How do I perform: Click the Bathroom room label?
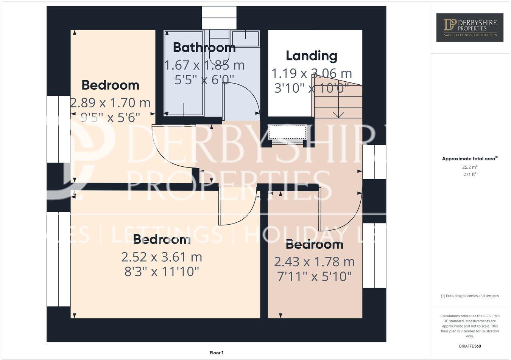(x=204, y=48)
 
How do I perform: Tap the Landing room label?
(x=312, y=56)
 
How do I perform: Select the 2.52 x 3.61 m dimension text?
(x=162, y=257)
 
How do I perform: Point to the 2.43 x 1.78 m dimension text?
(x=314, y=262)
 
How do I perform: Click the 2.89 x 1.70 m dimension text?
(x=111, y=102)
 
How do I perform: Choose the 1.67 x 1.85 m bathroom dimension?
(x=204, y=65)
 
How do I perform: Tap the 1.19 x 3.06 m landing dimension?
(x=312, y=73)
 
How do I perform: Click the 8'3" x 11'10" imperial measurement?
(x=162, y=272)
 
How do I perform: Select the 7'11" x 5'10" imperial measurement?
(x=314, y=276)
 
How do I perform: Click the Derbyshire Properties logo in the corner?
(x=470, y=27)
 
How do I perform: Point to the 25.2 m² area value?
(x=470, y=167)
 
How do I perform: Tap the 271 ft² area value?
(x=470, y=174)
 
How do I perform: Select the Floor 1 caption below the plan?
(x=217, y=353)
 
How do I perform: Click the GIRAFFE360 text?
(x=470, y=346)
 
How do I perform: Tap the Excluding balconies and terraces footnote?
(x=470, y=296)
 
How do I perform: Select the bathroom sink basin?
(x=245, y=37)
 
